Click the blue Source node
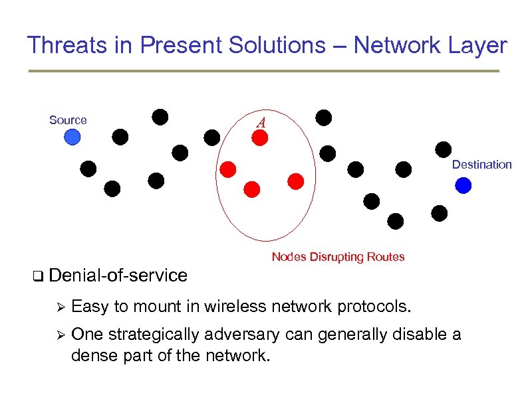tap(72, 137)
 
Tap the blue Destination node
tap(463, 185)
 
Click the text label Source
tap(68, 120)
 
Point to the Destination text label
tap(481, 165)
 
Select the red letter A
tap(261, 123)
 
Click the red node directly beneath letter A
tap(259, 137)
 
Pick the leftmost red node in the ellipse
tap(228, 169)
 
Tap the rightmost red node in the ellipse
tap(296, 181)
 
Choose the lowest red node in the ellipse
tap(252, 189)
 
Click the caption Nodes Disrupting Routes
tap(338, 257)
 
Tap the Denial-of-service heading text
tap(118, 275)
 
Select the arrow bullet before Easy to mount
tap(59, 307)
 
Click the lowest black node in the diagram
tap(396, 220)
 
